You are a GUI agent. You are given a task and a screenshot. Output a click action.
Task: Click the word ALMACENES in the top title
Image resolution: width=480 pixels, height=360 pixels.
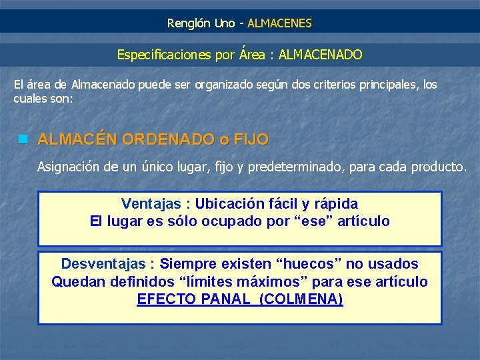pos(279,23)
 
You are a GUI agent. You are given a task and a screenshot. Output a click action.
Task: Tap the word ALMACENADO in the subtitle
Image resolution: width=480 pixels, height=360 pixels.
pos(321,55)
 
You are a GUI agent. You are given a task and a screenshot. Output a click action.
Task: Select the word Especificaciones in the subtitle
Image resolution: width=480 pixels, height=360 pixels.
pos(165,55)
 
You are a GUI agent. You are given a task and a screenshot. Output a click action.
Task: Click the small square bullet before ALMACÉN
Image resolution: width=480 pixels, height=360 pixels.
pos(23,139)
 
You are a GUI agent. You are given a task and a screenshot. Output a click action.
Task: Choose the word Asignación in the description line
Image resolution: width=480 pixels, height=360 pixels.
pos(69,167)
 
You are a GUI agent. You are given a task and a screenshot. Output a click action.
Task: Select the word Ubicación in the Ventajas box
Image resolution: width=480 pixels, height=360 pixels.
pos(229,203)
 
